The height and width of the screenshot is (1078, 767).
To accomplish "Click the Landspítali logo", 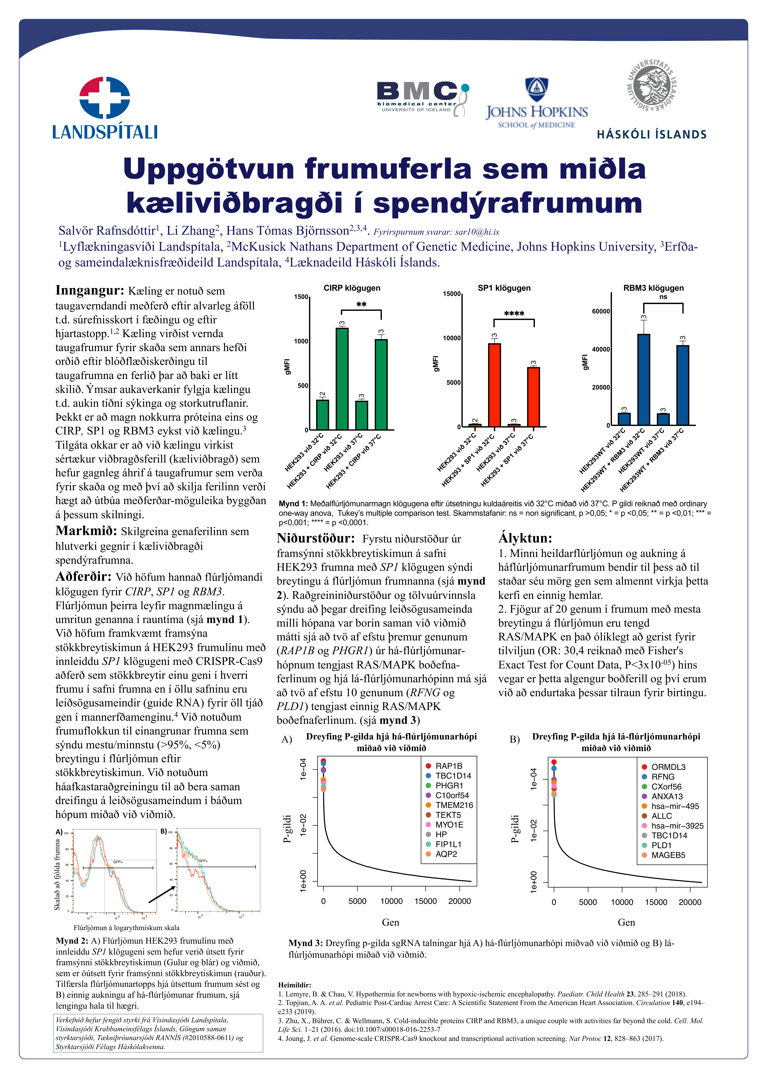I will click(x=105, y=108).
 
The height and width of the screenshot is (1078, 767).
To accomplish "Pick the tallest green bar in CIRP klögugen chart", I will click(x=342, y=378).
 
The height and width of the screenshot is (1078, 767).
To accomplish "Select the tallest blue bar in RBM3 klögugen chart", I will click(x=643, y=379).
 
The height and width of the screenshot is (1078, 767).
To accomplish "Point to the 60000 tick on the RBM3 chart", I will click(x=601, y=311).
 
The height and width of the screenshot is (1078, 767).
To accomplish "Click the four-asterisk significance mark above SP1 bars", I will click(x=514, y=314).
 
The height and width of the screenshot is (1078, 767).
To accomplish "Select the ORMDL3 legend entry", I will click(x=668, y=767).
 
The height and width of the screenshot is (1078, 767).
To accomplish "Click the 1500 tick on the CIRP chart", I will click(x=301, y=297).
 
